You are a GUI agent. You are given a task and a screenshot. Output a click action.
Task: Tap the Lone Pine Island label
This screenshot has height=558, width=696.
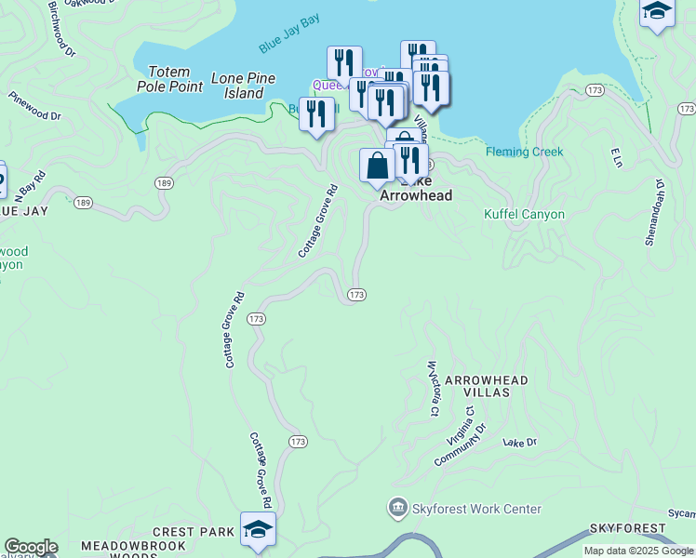[243, 86]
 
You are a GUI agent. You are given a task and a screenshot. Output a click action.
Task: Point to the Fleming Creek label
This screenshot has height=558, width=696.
[524, 152]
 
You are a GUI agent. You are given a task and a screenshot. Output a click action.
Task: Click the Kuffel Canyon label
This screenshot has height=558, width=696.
[524, 214]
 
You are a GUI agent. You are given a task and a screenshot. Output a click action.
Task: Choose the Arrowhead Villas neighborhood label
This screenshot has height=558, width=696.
[486, 387]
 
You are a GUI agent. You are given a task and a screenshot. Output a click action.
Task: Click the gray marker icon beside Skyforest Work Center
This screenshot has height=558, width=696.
[397, 508]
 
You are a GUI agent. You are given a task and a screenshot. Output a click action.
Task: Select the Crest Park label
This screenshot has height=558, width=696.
[193, 532]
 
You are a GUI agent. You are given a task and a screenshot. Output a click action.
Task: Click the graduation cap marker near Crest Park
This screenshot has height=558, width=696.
[258, 529]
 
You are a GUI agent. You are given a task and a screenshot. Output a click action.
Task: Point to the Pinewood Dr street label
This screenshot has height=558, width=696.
[34, 105]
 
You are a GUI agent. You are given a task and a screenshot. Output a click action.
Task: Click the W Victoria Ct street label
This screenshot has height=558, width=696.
[433, 388]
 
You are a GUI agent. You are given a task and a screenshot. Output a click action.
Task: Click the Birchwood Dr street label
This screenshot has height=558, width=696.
[61, 28]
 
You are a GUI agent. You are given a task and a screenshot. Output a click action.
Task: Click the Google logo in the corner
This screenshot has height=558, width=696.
[31, 547]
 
